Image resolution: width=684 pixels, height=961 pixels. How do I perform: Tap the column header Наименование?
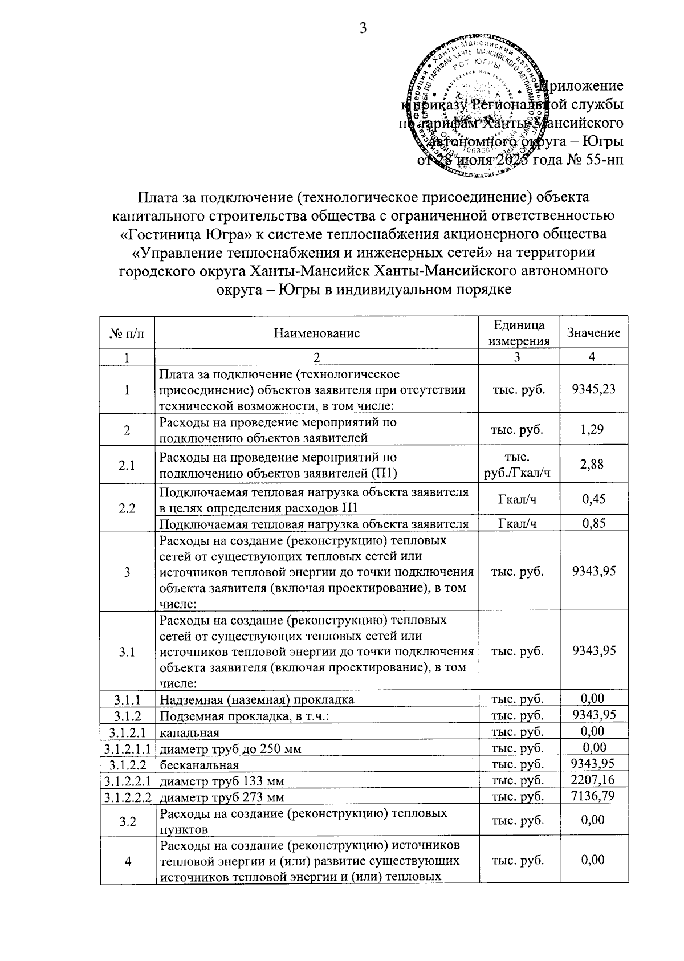[316, 333]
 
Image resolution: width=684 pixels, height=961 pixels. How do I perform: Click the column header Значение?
[593, 333]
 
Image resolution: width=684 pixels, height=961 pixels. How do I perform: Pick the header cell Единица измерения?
[518, 333]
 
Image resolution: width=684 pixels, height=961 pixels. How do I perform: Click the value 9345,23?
[593, 390]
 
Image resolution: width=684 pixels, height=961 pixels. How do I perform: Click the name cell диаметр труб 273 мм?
[222, 797]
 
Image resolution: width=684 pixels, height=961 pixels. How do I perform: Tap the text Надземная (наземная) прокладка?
[256, 699]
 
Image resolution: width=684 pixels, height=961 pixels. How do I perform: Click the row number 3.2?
[128, 820]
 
